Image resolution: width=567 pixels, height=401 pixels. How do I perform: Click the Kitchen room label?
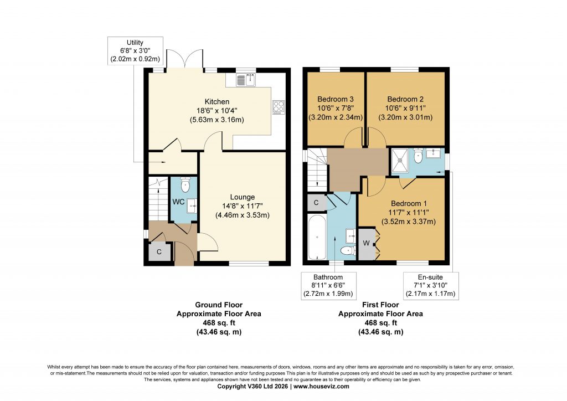click(x=217, y=101)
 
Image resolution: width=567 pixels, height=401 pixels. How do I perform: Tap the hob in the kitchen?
click(x=279, y=107)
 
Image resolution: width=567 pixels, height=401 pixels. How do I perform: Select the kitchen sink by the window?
click(x=246, y=80)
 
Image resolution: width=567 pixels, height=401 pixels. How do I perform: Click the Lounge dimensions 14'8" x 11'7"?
click(x=243, y=206)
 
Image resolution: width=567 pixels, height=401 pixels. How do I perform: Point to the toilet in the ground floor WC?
click(x=185, y=185)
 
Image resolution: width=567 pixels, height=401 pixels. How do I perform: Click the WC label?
click(x=178, y=202)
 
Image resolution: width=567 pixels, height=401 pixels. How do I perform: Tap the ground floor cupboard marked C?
click(x=159, y=251)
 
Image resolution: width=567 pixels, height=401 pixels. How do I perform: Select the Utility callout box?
click(x=135, y=51)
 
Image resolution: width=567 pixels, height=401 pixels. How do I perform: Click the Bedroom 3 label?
click(x=335, y=99)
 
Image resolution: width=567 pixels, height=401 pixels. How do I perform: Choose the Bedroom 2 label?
click(x=405, y=99)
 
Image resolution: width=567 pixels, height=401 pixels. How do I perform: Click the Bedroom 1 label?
click(x=409, y=203)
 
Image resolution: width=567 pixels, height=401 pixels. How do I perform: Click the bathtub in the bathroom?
click(x=317, y=237)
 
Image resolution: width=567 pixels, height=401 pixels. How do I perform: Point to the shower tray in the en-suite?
click(x=400, y=160)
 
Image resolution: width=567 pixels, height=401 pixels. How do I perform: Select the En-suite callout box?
click(x=431, y=286)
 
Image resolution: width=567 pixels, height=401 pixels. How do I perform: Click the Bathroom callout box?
click(x=328, y=286)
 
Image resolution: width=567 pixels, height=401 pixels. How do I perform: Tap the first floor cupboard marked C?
click(x=316, y=203)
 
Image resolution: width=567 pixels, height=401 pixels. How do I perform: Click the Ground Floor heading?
click(x=219, y=305)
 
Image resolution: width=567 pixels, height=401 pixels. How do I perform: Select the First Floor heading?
click(x=380, y=305)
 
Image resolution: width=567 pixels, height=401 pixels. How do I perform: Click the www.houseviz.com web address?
click(x=321, y=386)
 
